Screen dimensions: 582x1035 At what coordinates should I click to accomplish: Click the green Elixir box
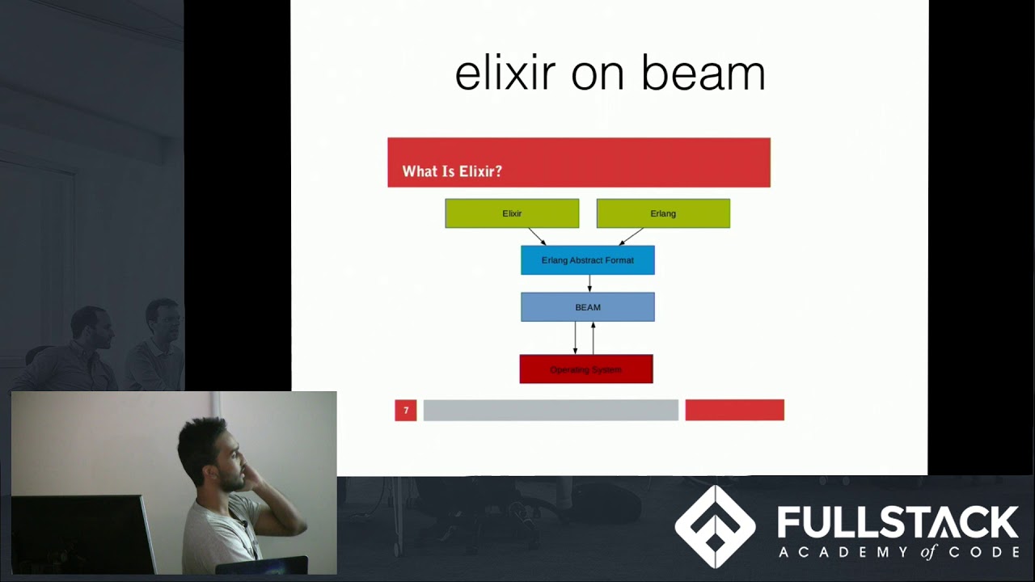512,213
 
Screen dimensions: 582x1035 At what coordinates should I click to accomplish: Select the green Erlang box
663,213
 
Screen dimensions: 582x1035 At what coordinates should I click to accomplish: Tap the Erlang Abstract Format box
588,260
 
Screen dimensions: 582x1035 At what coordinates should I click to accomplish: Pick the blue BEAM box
588,307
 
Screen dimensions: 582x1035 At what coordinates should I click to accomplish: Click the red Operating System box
586,369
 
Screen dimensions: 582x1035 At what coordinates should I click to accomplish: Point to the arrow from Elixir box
537,236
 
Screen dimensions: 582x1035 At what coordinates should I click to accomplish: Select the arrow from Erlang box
632,236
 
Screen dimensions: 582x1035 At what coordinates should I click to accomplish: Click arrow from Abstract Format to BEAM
589,284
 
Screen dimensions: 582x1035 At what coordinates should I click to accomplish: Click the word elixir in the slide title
505,73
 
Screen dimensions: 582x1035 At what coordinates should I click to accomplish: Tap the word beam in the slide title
703,73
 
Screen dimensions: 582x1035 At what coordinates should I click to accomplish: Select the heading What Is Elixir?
452,171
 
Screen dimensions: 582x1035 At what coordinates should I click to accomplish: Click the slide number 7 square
406,411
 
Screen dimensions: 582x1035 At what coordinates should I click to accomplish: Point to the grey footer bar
551,411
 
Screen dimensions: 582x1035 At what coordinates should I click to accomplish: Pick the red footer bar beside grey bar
734,411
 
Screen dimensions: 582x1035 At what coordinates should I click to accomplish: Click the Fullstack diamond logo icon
715,527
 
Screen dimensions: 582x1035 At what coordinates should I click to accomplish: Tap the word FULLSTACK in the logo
898,523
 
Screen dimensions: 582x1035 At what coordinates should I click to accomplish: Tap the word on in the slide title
598,73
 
